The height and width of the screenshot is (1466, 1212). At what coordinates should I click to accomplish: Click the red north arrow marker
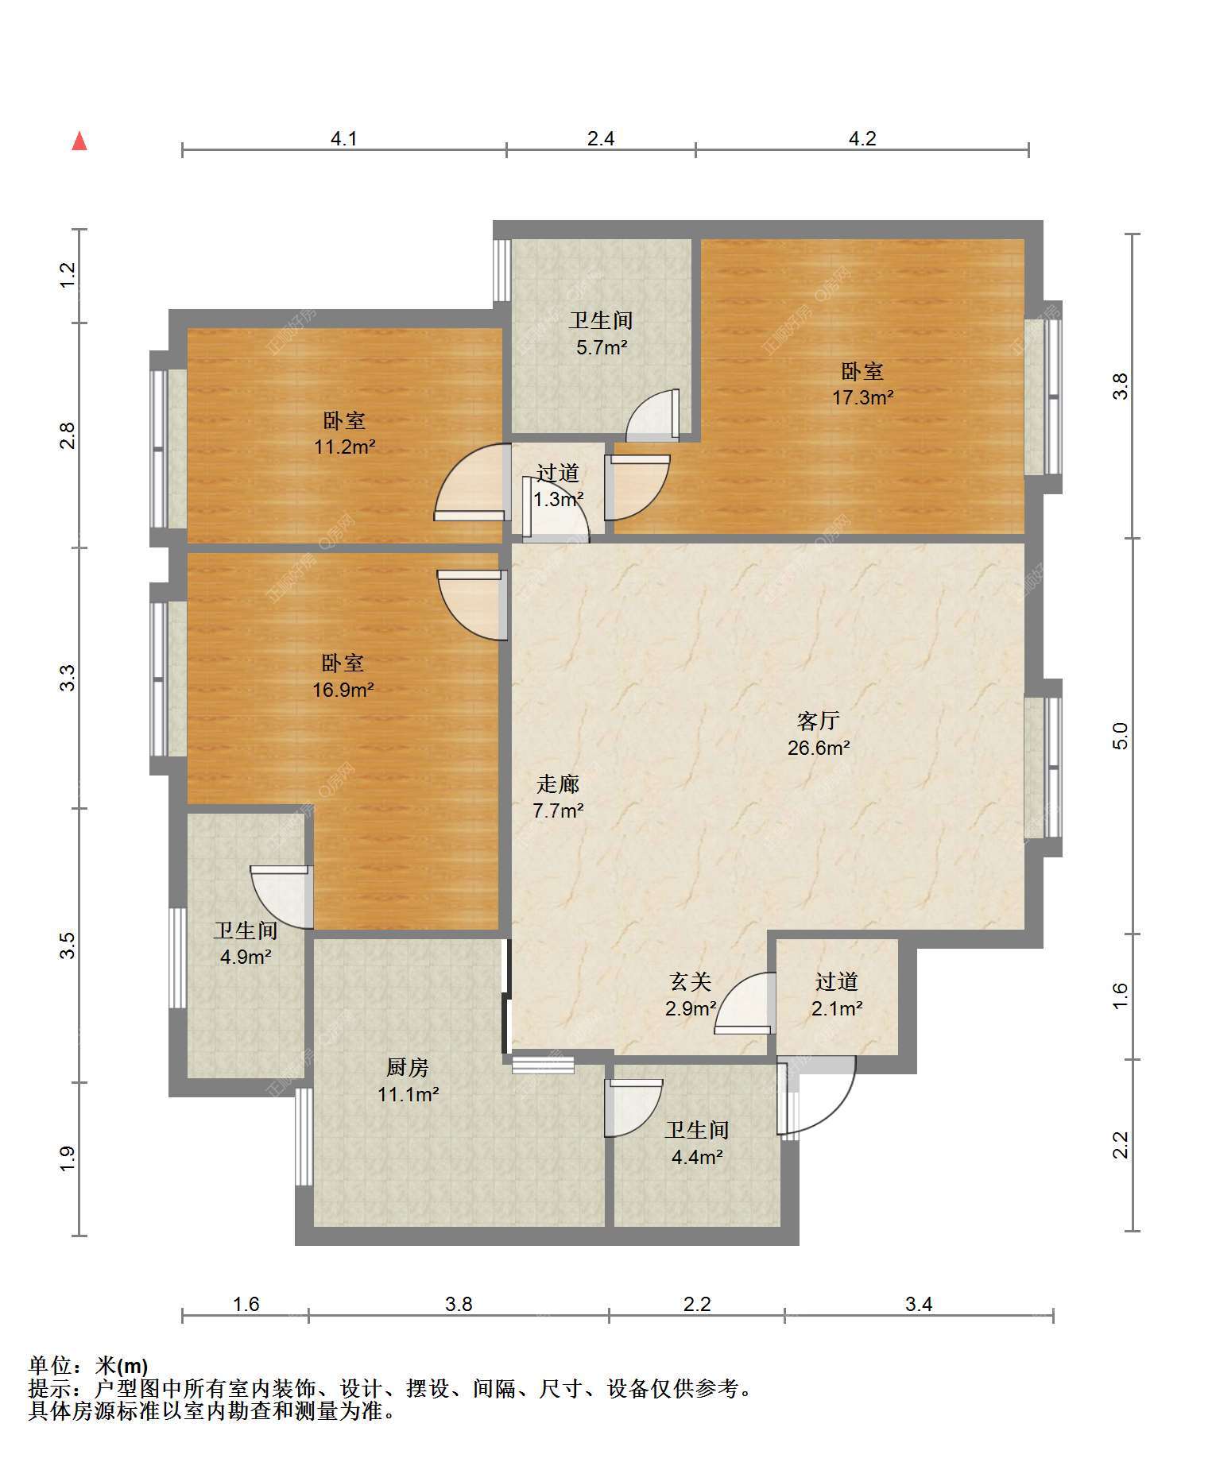(x=79, y=141)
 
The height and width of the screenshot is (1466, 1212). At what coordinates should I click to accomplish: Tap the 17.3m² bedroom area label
(x=862, y=385)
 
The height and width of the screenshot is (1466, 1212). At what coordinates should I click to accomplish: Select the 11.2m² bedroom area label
(x=344, y=434)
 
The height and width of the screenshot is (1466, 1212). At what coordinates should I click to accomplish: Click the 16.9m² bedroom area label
(x=343, y=676)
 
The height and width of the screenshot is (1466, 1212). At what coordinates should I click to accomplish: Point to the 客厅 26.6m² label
(x=819, y=734)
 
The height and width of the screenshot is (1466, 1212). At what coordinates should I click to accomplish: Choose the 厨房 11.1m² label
(x=409, y=1081)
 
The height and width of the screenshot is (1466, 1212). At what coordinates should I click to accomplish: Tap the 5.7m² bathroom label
(x=602, y=334)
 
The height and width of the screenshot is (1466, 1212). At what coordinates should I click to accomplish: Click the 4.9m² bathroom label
(x=246, y=943)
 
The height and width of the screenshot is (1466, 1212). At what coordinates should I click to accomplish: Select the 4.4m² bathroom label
(x=697, y=1143)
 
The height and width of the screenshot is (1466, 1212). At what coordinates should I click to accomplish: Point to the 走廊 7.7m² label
(x=558, y=798)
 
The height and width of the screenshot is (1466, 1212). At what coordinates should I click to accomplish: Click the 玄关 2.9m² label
(x=691, y=996)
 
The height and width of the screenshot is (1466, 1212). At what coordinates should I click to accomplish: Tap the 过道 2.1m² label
(x=837, y=995)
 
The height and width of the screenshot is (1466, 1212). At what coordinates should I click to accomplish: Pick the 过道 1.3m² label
(x=558, y=486)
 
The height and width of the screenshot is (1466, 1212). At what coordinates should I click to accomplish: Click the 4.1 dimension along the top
(x=344, y=139)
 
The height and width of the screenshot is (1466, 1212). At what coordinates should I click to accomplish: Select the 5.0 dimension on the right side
(x=1121, y=736)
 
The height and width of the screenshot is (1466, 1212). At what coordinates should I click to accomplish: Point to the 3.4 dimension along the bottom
(x=919, y=1305)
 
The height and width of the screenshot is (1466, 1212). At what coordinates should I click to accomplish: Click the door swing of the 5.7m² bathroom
(x=652, y=415)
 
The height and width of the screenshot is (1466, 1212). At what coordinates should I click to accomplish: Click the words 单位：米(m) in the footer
(x=88, y=1367)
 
